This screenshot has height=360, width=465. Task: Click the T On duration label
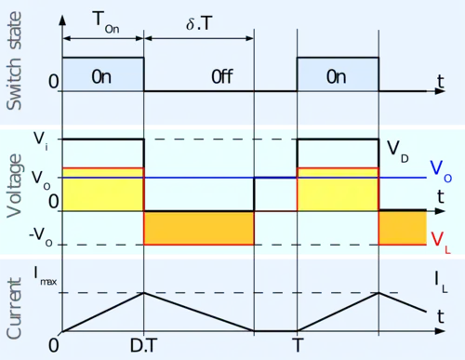(106, 22)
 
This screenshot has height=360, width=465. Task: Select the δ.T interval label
(199, 23)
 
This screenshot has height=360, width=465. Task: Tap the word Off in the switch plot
(222, 76)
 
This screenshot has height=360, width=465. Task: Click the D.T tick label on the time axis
(143, 345)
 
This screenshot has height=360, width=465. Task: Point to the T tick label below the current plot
(298, 345)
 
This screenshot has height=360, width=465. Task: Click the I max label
(46, 276)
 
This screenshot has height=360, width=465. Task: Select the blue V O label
(441, 171)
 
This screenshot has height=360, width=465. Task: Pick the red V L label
(441, 243)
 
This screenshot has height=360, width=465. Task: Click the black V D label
(398, 152)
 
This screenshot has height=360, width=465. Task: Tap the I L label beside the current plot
(441, 282)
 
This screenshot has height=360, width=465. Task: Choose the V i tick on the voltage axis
(41, 141)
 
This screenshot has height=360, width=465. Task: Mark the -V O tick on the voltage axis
(41, 238)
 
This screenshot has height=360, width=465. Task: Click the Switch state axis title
(14, 60)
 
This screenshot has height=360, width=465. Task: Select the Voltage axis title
(14, 186)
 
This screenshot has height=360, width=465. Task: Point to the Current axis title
(14, 309)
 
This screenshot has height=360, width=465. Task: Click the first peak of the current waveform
(143, 292)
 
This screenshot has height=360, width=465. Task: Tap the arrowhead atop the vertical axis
(62, 20)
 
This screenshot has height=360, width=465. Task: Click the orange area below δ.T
(199, 228)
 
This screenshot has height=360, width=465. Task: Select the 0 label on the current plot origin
(54, 345)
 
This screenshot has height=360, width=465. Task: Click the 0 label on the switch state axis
(54, 82)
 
